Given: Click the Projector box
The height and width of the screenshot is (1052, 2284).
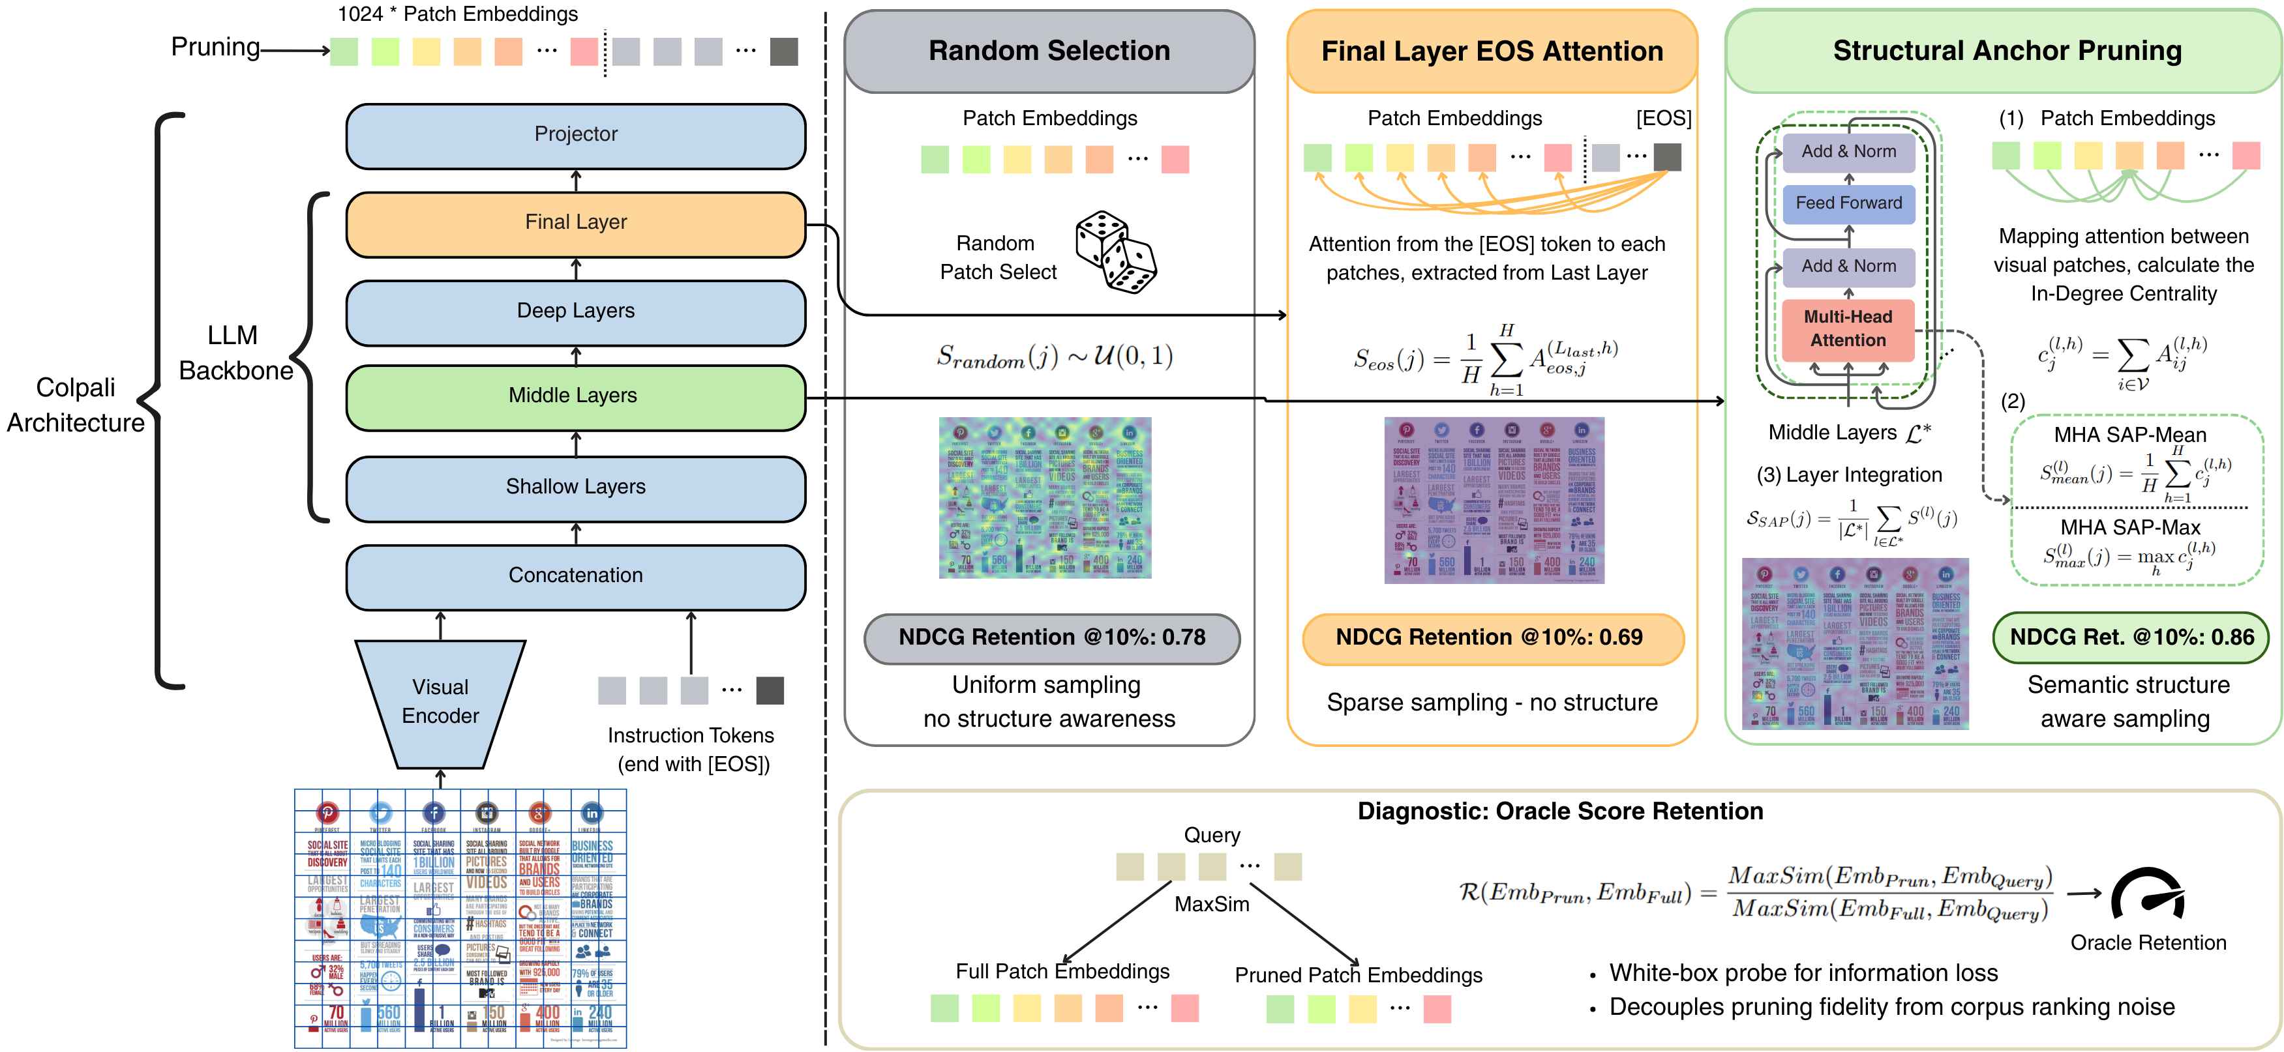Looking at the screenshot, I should click(x=575, y=136).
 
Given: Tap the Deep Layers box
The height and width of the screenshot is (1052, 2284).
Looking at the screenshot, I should click(x=575, y=311).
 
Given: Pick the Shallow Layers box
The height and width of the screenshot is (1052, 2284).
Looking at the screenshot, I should click(x=575, y=488).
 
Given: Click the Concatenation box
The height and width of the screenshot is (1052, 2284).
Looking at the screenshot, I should click(x=575, y=576).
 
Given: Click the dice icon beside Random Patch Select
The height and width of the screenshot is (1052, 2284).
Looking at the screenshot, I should click(x=1115, y=253).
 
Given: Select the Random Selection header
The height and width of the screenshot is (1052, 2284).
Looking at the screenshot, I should click(x=1049, y=51).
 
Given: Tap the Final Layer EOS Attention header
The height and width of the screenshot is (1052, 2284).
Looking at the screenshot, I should click(x=1492, y=51).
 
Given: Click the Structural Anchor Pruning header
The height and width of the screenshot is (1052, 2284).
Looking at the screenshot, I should click(x=2006, y=51).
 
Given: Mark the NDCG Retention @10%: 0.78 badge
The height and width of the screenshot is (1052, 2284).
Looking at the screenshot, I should click(x=1051, y=638).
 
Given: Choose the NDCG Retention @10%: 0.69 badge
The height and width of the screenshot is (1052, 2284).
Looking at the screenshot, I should click(x=1492, y=638).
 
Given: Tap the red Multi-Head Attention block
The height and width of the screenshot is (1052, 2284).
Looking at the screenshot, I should click(x=1848, y=329).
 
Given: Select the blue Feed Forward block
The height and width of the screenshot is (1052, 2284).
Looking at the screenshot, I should click(x=1848, y=203).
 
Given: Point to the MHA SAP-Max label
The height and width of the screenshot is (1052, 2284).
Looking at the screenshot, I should click(x=2129, y=528).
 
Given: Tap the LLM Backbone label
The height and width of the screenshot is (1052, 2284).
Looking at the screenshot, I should click(x=235, y=353).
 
